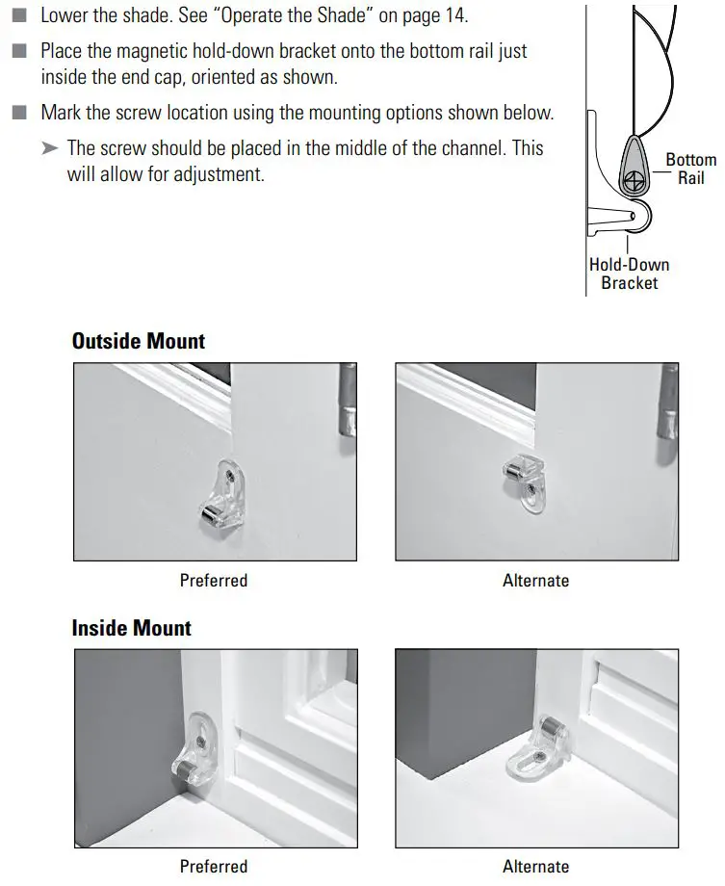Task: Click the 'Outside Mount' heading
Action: [x=139, y=341]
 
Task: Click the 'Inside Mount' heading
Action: [x=132, y=628]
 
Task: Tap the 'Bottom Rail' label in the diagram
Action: [x=690, y=169]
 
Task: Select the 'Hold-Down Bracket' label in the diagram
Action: [x=629, y=274]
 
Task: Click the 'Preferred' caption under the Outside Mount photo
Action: [x=214, y=581]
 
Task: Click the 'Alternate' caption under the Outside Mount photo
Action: [x=536, y=581]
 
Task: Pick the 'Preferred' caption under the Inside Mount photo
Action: [x=214, y=867]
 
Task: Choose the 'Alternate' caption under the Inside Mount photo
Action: [x=536, y=867]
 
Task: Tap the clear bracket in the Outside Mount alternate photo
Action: [x=529, y=477]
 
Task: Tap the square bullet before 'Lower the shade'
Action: [x=20, y=17]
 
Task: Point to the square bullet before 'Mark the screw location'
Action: [x=20, y=113]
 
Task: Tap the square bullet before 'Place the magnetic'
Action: [x=20, y=51]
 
